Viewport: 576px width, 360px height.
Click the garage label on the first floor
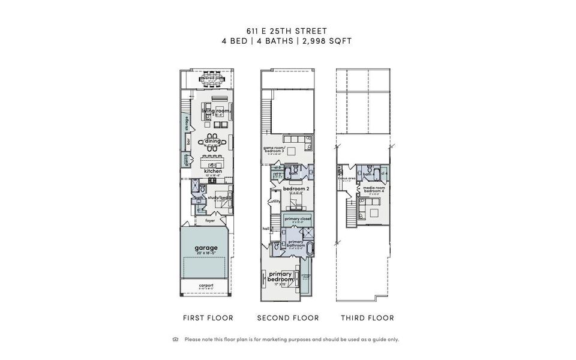click(206, 247)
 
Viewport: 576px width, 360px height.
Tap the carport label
click(206, 286)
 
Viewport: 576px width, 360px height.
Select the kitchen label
click(213, 171)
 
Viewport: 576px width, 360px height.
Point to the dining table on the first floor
click(212, 142)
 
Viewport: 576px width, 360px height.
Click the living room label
click(216, 111)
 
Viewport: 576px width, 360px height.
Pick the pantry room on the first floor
click(186, 160)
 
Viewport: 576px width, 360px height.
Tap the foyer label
click(210, 220)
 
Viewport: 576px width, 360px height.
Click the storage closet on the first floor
click(187, 124)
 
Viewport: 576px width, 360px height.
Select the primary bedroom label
click(280, 277)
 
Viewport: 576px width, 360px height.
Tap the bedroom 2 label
click(296, 189)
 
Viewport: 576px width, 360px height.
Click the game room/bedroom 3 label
click(277, 149)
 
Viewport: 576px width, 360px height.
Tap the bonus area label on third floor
click(347, 179)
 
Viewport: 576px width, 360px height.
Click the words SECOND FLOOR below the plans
click(288, 318)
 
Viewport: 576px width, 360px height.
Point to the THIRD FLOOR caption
click(367, 318)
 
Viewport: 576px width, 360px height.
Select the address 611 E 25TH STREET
click(287, 30)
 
